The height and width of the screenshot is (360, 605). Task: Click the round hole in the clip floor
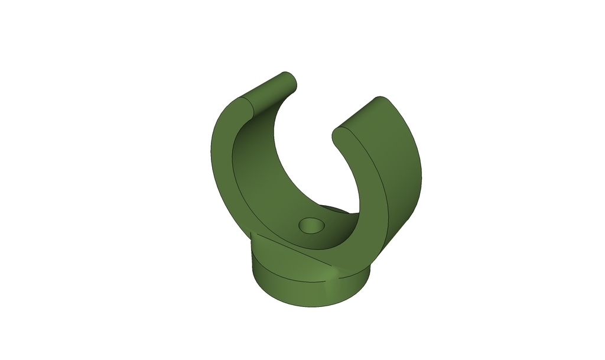311,225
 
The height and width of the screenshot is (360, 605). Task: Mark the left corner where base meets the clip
252,235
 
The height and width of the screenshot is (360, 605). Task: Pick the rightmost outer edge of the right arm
422,174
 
